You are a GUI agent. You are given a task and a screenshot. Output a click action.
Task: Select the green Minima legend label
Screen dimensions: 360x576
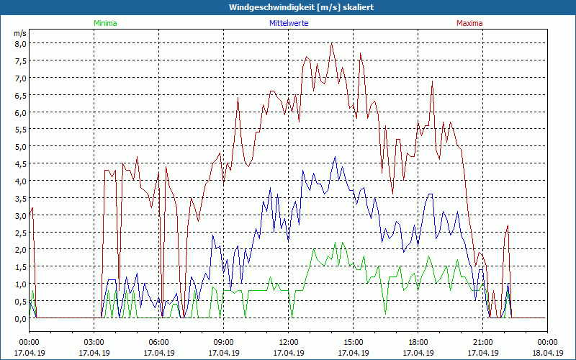point(105,23)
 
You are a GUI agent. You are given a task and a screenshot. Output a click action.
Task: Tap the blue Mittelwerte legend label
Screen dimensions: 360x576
point(289,23)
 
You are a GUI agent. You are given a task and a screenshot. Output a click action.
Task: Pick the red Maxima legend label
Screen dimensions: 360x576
point(469,23)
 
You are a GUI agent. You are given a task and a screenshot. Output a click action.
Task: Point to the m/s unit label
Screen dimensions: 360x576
point(19,33)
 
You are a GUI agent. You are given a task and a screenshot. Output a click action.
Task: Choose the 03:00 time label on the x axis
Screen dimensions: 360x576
point(94,342)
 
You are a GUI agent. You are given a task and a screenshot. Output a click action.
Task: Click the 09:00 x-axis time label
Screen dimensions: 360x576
point(223,342)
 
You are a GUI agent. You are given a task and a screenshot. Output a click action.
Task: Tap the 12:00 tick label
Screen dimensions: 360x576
point(288,342)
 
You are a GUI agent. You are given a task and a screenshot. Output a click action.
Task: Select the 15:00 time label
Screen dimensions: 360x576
point(353,342)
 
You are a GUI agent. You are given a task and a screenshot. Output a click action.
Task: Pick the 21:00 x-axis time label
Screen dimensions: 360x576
point(482,342)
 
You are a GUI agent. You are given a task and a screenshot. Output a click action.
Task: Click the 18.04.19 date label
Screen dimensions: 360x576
point(547,353)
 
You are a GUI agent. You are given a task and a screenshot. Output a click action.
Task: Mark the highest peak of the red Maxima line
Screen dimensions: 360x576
point(332,43)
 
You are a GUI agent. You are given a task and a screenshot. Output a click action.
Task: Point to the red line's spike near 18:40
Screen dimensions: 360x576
point(432,81)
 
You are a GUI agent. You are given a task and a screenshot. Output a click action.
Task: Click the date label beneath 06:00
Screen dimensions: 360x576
point(158,353)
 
